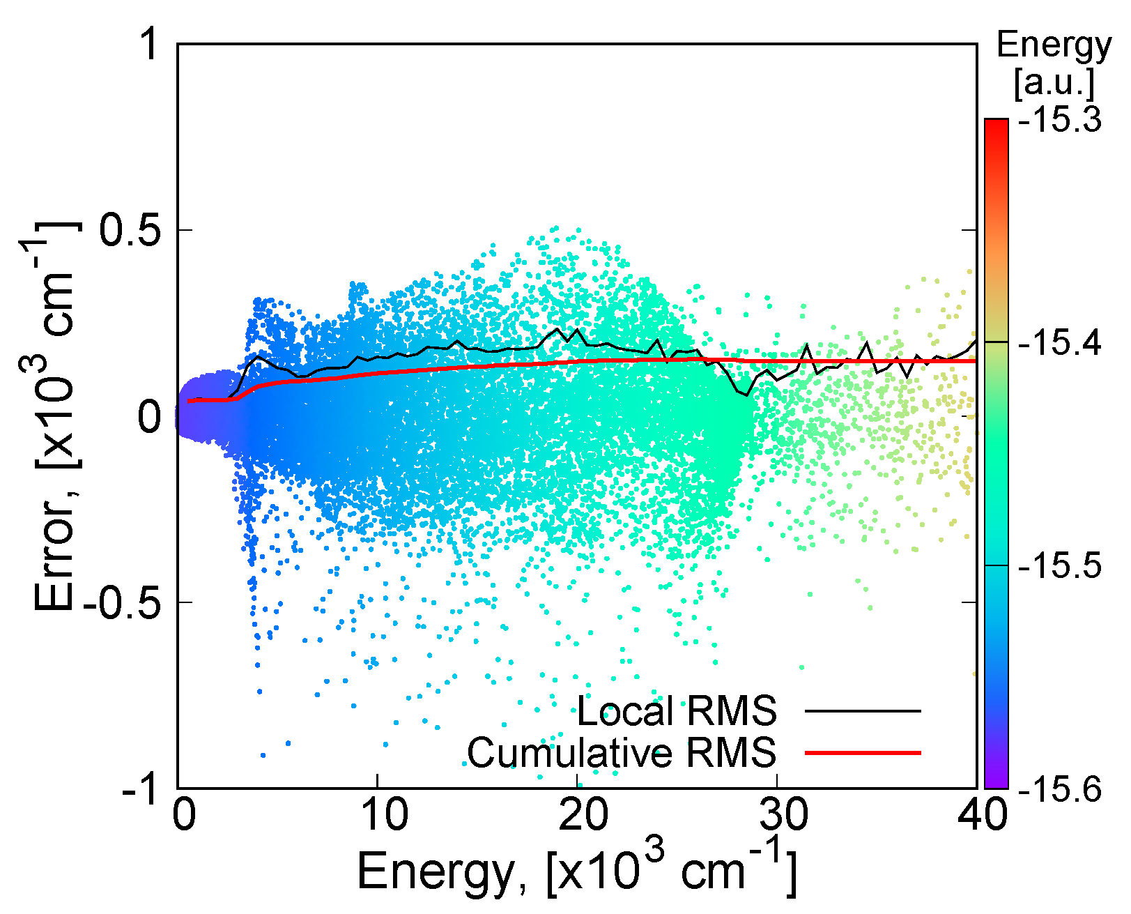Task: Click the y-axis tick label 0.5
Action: point(133,230)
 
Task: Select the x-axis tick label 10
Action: point(377,815)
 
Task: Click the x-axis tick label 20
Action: point(577,815)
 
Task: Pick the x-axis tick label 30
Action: point(776,815)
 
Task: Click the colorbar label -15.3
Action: point(1059,121)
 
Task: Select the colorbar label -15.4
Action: point(1059,343)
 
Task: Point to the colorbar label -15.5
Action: point(1059,565)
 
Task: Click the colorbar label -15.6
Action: point(1059,789)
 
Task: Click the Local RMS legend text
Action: point(676,711)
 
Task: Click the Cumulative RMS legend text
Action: point(621,753)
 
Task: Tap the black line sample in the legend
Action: point(863,711)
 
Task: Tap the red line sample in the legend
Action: point(863,753)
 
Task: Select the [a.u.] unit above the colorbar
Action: point(1054,82)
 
